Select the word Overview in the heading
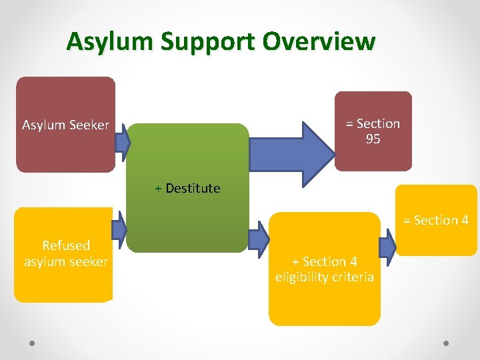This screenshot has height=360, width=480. (319, 41)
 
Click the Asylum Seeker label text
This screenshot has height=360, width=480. (65, 125)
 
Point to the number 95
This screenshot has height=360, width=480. (373, 139)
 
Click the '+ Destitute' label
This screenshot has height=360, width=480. (187, 188)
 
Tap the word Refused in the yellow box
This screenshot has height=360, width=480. (65, 245)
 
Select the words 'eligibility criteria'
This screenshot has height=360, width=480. (325, 277)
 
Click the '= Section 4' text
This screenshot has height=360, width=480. (435, 220)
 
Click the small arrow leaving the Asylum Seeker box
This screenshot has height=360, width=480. (121, 141)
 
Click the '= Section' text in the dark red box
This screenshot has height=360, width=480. (373, 123)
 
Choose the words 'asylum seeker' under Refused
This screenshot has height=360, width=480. (65, 261)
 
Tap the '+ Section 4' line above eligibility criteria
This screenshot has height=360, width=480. (325, 262)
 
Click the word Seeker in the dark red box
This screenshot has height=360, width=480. (89, 125)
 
